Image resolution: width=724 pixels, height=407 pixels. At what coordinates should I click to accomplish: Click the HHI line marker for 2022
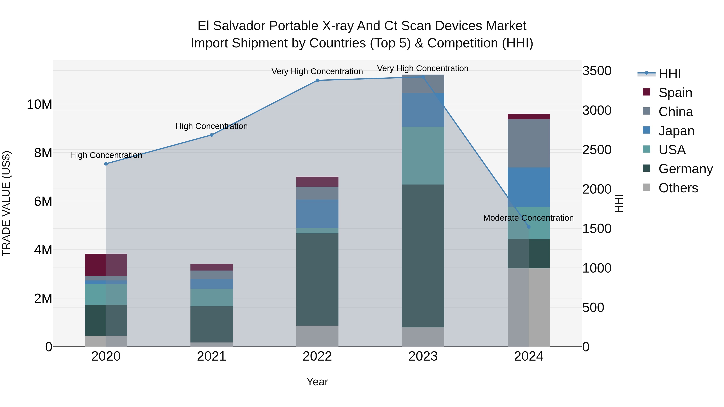point(317,80)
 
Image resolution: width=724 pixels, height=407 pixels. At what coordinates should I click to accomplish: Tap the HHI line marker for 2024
point(529,227)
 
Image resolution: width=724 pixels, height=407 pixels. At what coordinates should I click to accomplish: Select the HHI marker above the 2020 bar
point(106,164)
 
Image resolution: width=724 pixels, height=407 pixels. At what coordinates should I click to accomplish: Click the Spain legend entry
point(675,93)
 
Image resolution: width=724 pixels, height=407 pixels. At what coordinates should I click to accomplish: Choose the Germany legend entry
point(685,169)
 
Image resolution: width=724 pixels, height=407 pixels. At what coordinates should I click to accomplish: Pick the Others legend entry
point(678,188)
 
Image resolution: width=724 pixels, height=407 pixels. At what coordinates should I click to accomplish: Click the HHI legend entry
point(669,74)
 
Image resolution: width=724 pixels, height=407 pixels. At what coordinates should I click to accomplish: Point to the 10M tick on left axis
point(39,105)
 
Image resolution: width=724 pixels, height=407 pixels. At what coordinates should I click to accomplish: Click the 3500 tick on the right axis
point(596,71)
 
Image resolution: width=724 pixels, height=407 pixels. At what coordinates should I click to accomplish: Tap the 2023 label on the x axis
point(423,356)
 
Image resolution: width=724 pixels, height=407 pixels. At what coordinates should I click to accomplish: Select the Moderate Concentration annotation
point(528,218)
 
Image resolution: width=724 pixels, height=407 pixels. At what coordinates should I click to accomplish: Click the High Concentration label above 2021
point(212,126)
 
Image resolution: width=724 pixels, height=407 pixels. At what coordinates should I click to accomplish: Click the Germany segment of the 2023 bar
point(423,256)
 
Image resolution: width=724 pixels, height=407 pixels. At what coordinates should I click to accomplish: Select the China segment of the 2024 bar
point(529,143)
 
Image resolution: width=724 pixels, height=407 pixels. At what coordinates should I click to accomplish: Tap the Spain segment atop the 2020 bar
point(106,265)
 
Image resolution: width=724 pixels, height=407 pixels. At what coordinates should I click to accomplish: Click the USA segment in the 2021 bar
point(212,297)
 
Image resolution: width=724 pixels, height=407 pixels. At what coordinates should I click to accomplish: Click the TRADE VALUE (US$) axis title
point(6,203)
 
